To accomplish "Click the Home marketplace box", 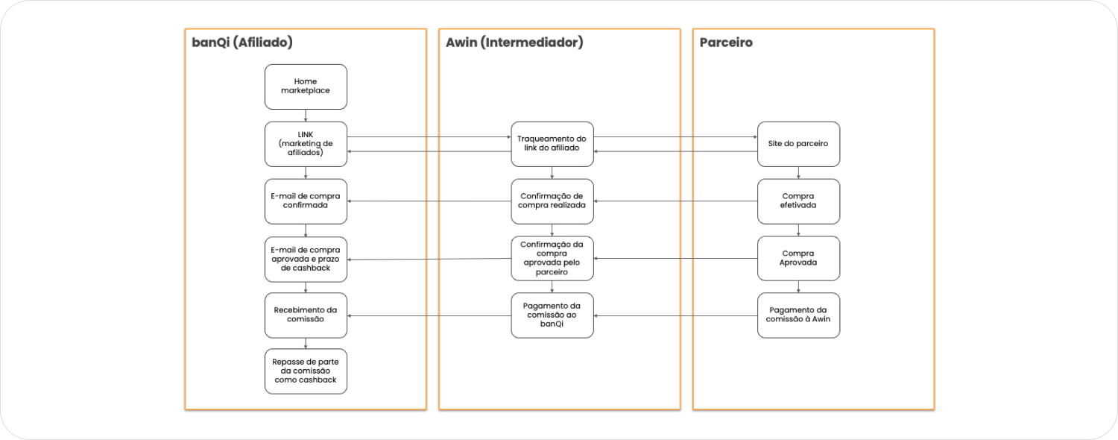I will click(x=306, y=86).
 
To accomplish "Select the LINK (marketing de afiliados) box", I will click(x=306, y=144).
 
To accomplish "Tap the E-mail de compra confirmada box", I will click(x=306, y=201).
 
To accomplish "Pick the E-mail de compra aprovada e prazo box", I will click(x=306, y=259).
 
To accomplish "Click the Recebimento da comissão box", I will click(x=306, y=315).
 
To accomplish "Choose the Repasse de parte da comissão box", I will click(x=306, y=371).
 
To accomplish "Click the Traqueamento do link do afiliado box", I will click(x=552, y=144).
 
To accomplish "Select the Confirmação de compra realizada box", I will click(x=552, y=201).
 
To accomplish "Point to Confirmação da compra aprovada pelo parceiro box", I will click(x=552, y=258).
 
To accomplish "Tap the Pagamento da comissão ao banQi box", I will click(x=552, y=315).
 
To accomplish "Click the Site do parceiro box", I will click(x=799, y=144).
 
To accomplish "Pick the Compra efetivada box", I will click(x=799, y=201).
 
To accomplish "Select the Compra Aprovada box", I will click(x=799, y=258).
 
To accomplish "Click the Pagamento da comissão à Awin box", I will click(x=799, y=315).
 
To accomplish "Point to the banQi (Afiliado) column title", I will click(x=242, y=43).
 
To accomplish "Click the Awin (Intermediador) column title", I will click(x=514, y=43).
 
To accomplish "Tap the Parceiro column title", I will click(x=726, y=43).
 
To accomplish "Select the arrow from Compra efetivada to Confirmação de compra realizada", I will click(x=675, y=201).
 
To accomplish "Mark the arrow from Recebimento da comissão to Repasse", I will click(x=306, y=343).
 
